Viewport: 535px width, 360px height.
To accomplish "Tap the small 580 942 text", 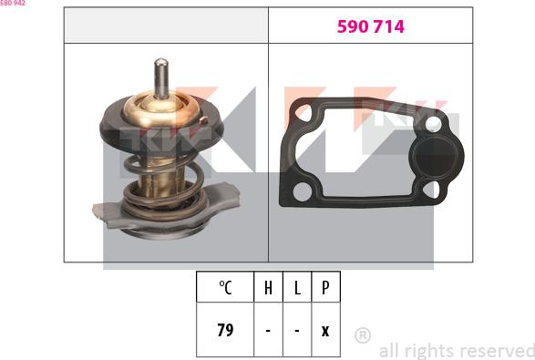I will tap(13, 4).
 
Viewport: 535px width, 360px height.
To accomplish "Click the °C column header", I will tap(225, 288).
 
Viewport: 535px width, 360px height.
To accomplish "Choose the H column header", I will tap(268, 288).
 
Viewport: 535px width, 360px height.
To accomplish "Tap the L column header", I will tap(297, 288).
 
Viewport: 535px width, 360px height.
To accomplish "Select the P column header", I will tap(325, 288).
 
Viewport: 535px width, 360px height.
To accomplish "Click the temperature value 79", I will tap(225, 330).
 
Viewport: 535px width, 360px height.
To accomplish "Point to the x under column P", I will tap(325, 330).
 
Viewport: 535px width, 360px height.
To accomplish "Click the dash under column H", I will tap(268, 330).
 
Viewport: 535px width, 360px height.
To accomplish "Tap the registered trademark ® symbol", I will tap(362, 335).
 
